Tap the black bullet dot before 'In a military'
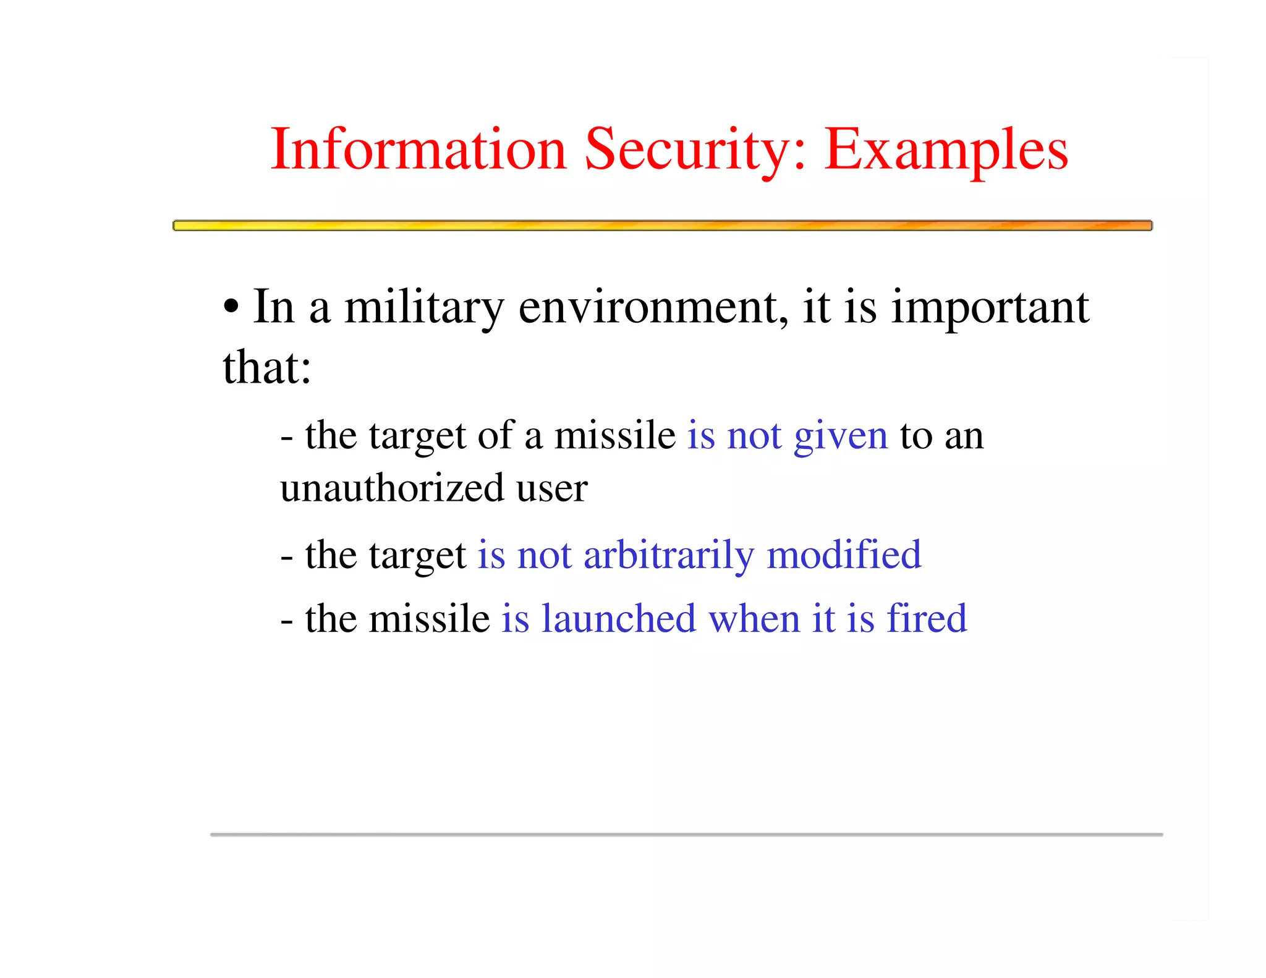coord(231,307)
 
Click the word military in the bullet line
coord(424,307)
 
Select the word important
coord(990,307)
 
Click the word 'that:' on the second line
coord(267,367)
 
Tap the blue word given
coord(841,436)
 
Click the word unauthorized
coord(392,488)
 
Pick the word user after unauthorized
coord(552,488)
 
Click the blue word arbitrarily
coord(669,555)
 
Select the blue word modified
coord(844,555)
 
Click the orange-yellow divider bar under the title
coord(662,226)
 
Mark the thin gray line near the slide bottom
coord(686,835)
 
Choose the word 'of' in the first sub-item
coord(496,435)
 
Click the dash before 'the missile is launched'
coord(286,620)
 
